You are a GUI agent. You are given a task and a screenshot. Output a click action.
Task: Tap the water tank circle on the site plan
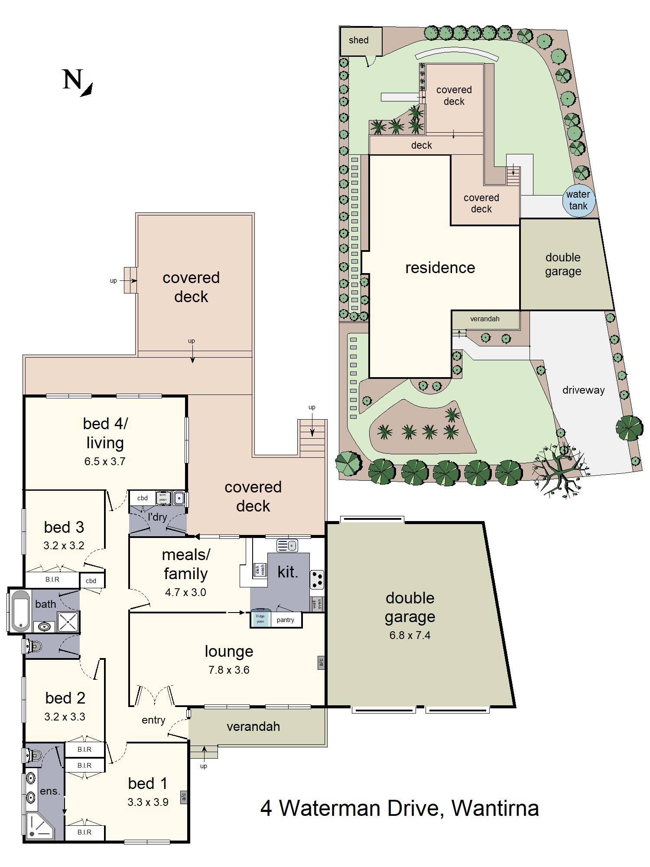(x=578, y=200)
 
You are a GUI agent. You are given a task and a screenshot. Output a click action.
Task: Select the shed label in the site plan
(x=358, y=40)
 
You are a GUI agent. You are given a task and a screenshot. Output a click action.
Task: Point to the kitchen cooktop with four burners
(x=317, y=580)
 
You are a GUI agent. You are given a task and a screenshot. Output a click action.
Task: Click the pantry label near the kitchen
(x=285, y=620)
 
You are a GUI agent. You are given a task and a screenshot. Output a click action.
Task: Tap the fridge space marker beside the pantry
(x=260, y=619)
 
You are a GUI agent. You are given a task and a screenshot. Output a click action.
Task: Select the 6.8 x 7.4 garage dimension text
(x=409, y=636)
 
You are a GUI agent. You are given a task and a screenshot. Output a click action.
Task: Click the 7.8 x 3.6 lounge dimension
(x=229, y=670)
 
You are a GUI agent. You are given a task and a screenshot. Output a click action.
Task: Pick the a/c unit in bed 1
(x=183, y=796)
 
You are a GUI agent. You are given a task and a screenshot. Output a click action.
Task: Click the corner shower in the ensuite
(x=39, y=826)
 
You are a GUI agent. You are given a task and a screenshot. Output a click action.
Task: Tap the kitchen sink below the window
(x=287, y=545)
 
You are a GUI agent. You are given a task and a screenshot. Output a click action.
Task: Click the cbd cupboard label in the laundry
(x=143, y=498)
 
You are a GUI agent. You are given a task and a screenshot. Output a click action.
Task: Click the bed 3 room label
(x=64, y=527)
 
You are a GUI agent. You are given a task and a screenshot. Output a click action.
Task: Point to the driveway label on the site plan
(x=583, y=390)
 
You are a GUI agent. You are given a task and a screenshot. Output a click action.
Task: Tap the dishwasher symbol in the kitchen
(x=260, y=570)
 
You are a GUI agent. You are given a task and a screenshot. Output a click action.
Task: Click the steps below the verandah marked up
(x=204, y=752)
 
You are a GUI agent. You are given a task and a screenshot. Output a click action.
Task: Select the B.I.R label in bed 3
(x=52, y=580)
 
